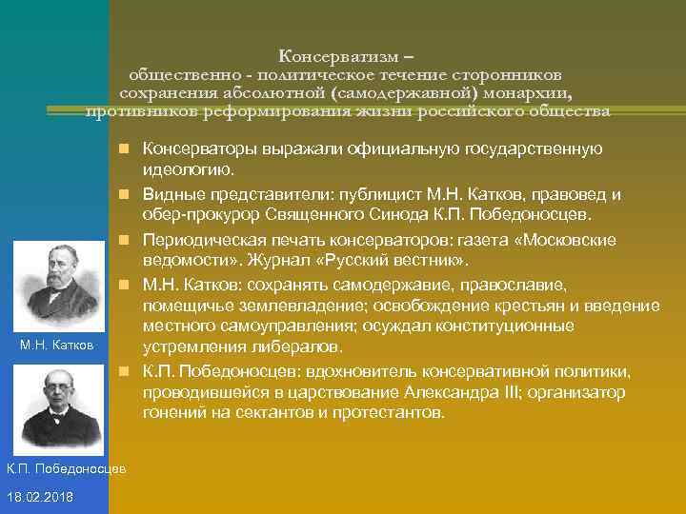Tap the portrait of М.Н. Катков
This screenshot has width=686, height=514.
coord(59,280)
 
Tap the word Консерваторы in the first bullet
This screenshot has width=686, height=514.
coord(195,148)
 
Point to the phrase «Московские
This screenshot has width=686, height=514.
coord(566,238)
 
